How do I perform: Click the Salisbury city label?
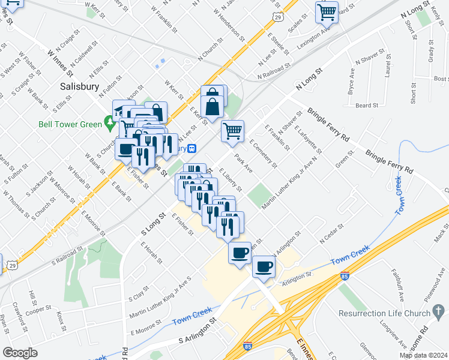(x=79, y=86)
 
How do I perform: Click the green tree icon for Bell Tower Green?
(x=109, y=125)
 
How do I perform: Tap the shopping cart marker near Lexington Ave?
(x=327, y=12)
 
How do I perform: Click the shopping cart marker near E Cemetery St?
(x=232, y=130)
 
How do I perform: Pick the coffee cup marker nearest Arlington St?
(x=264, y=266)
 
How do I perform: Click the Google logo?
(x=20, y=353)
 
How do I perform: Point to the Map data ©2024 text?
(x=424, y=355)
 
